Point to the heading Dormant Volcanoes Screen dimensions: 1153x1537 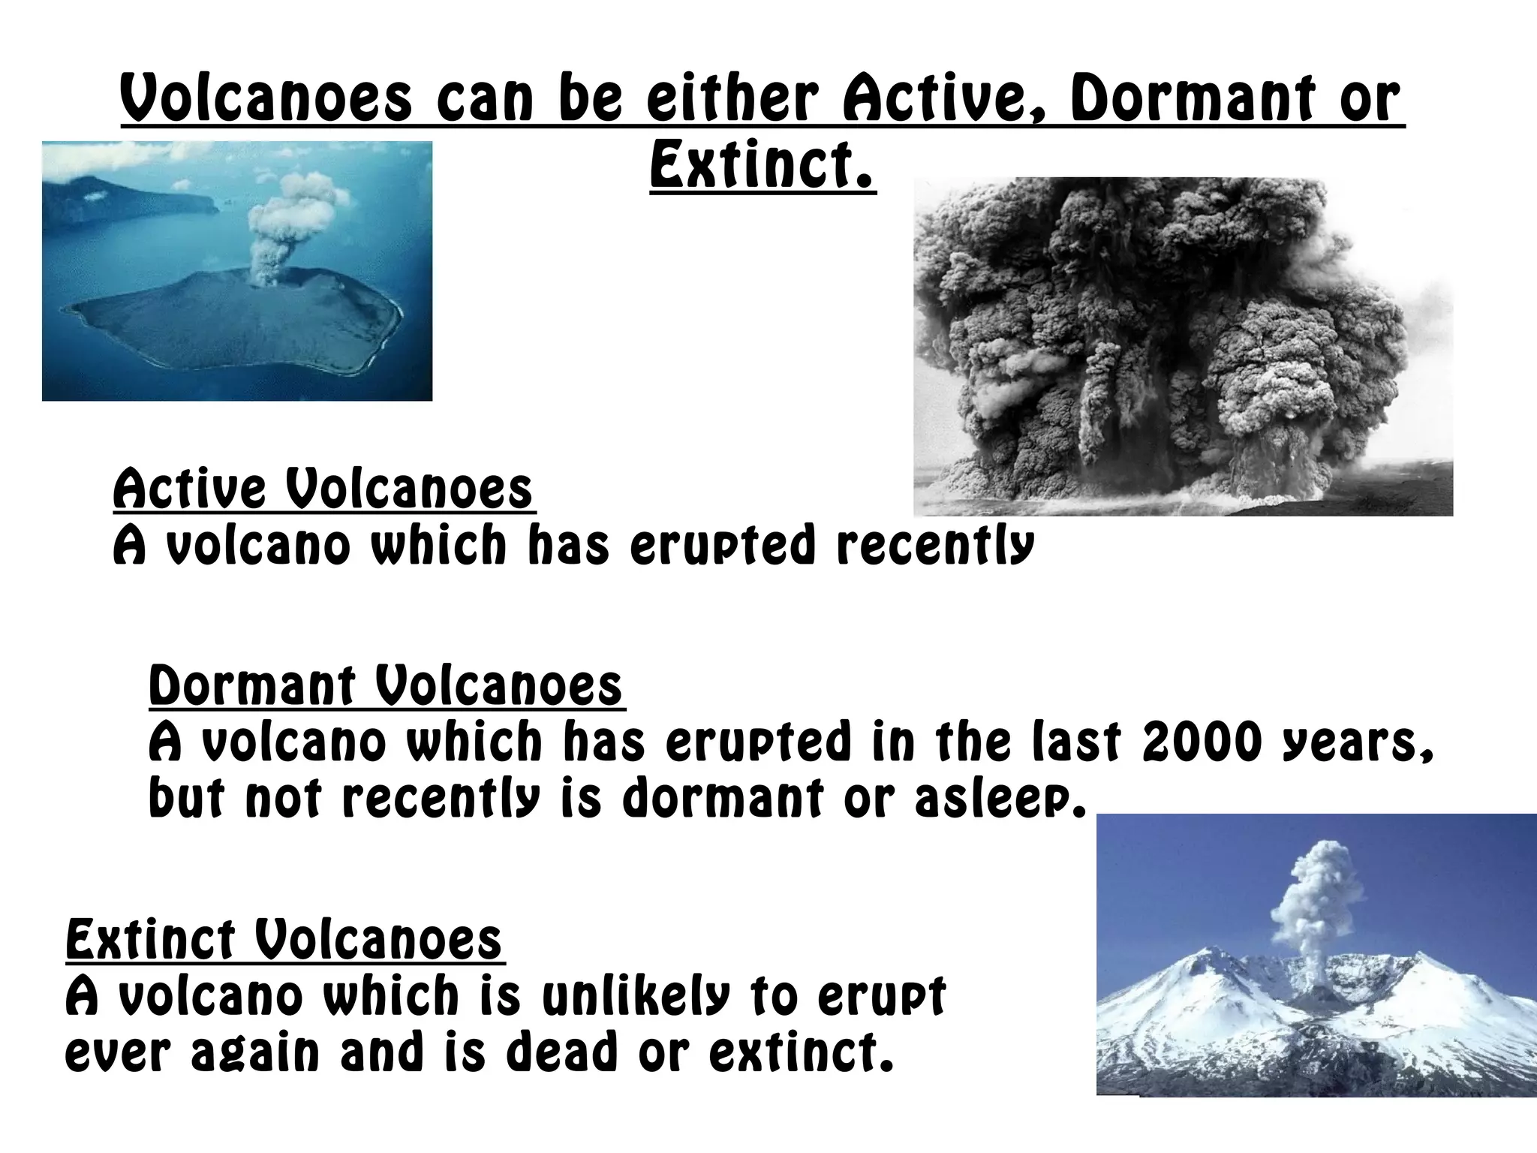(x=386, y=685)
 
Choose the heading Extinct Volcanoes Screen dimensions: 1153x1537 (x=284, y=939)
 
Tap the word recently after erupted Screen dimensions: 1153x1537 (x=935, y=546)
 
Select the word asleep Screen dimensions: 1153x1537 (x=1000, y=798)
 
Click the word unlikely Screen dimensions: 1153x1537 (x=635, y=996)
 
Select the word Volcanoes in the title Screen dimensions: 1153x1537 (x=266, y=100)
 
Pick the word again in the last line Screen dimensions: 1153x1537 (x=255, y=1053)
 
